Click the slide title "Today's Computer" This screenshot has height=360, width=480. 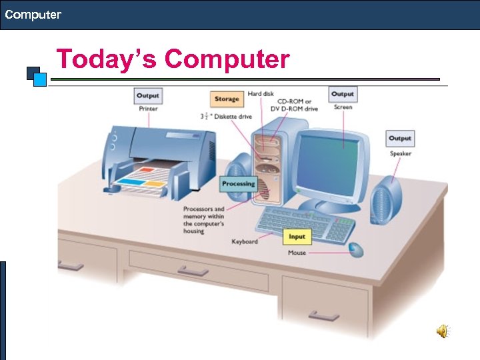pyautogui.click(x=173, y=59)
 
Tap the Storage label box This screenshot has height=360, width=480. pyautogui.click(x=227, y=99)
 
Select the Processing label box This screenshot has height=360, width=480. pyautogui.click(x=238, y=183)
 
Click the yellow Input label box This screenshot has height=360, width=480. pyautogui.click(x=297, y=236)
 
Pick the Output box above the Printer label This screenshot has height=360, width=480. pyautogui.click(x=148, y=95)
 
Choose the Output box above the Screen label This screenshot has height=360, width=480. pyautogui.click(x=343, y=94)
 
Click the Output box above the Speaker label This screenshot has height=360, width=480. pyautogui.click(x=400, y=138)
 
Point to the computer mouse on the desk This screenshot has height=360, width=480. pyautogui.click(x=356, y=249)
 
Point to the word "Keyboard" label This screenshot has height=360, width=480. pyautogui.click(x=244, y=241)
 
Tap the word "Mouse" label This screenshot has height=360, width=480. pyautogui.click(x=297, y=253)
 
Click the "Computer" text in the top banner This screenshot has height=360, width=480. pyautogui.click(x=33, y=14)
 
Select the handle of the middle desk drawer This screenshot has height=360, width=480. pyautogui.click(x=193, y=271)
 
